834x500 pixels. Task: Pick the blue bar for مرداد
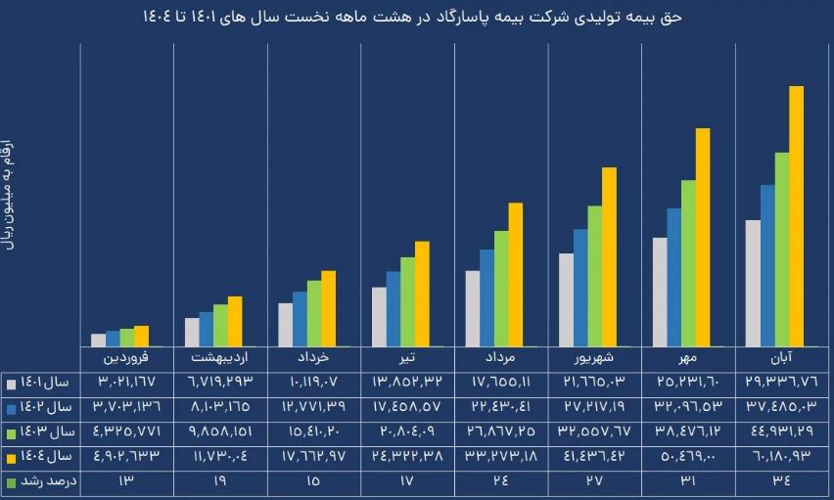(x=486, y=297)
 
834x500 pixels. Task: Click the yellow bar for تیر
(x=422, y=294)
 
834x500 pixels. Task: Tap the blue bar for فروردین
(x=113, y=339)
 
